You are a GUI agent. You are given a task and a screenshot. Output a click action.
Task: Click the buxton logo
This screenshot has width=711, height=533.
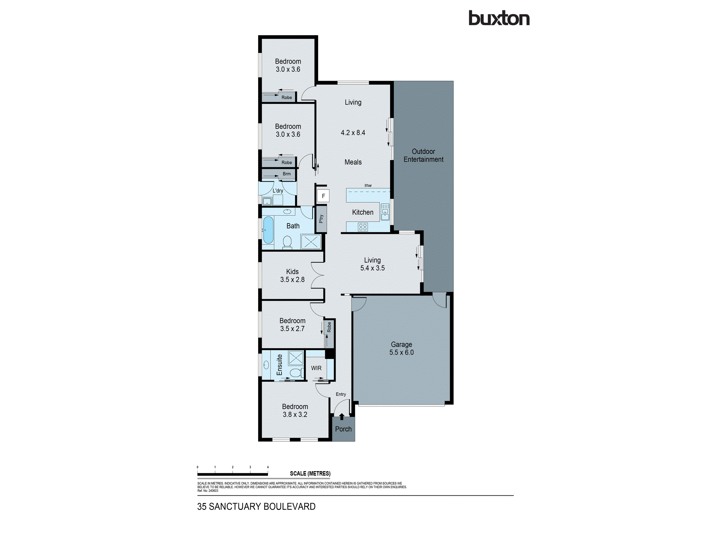pyautogui.click(x=499, y=18)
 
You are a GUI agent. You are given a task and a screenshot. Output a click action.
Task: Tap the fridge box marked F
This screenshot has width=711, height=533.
pyautogui.click(x=323, y=196)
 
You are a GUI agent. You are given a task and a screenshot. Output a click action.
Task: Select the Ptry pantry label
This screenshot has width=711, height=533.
pyautogui.click(x=321, y=219)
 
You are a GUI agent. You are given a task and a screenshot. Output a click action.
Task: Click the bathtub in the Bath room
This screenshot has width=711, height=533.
pyautogui.click(x=268, y=230)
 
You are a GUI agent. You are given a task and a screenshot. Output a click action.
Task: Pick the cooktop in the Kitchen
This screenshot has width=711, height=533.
pyautogui.click(x=363, y=227)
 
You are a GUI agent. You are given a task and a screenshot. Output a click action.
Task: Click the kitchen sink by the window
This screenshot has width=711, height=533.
pyautogui.click(x=385, y=212)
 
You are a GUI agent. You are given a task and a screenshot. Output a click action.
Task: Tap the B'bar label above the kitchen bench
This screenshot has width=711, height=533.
pyautogui.click(x=368, y=185)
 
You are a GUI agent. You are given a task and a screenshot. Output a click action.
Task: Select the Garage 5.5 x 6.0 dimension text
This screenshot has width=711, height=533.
pyautogui.click(x=401, y=352)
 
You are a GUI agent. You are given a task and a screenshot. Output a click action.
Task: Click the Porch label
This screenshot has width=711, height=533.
pyautogui.click(x=343, y=429)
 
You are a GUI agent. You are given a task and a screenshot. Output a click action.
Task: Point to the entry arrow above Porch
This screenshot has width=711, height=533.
pyautogui.click(x=342, y=416)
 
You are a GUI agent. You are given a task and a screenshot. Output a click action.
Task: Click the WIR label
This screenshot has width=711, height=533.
pyautogui.click(x=316, y=368)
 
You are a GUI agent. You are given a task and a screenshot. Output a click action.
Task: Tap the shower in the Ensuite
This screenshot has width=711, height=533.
pyautogui.click(x=296, y=358)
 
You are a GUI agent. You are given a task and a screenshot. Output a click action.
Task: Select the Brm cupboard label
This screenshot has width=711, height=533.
pyautogui.click(x=287, y=174)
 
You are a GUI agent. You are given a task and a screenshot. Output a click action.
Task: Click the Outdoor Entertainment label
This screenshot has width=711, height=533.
pyautogui.click(x=423, y=156)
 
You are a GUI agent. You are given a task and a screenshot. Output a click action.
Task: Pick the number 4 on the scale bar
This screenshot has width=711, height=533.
pyautogui.click(x=268, y=467)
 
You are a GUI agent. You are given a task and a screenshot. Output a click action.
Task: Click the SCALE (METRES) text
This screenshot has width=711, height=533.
pyautogui.click(x=310, y=474)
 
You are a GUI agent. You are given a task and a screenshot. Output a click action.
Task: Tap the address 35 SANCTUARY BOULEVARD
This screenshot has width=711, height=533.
pyautogui.click(x=256, y=507)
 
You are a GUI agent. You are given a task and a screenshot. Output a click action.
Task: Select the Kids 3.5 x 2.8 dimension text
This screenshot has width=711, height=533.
pyautogui.click(x=292, y=280)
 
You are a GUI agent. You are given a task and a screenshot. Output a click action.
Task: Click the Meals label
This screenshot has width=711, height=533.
pyautogui.click(x=353, y=162)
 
